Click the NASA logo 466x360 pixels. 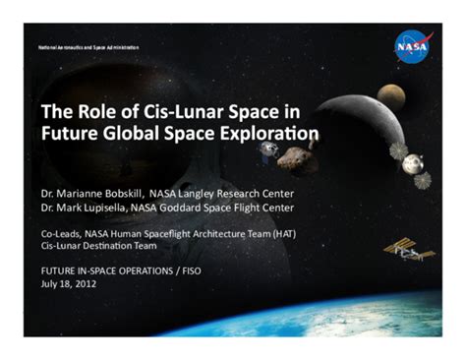[411, 46]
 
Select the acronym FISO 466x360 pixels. [187, 270]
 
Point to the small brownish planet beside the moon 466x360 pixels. [390, 95]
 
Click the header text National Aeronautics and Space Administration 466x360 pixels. [88, 47]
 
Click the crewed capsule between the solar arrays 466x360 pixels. [413, 163]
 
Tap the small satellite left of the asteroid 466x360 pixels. [268, 150]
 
